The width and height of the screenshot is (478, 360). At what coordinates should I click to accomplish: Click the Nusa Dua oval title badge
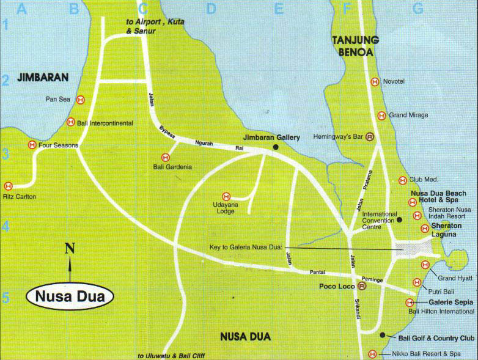click(x=70, y=297)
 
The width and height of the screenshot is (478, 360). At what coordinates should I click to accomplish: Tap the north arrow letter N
click(x=70, y=248)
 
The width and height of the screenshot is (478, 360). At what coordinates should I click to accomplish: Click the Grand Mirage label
click(x=408, y=115)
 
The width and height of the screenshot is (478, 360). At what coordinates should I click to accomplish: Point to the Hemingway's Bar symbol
click(x=370, y=137)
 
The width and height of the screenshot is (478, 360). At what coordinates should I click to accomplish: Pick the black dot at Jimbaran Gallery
click(x=276, y=147)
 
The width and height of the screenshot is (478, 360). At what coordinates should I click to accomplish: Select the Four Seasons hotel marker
click(x=32, y=145)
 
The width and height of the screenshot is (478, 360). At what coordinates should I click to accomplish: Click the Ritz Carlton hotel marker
click(x=8, y=186)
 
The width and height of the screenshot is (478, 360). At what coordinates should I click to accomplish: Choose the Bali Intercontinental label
click(x=105, y=123)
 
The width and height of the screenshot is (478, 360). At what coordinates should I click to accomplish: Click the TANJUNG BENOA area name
click(x=355, y=45)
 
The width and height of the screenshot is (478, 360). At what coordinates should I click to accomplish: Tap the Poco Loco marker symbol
click(x=361, y=285)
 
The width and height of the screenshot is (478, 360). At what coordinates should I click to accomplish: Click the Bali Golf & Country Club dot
click(x=383, y=336)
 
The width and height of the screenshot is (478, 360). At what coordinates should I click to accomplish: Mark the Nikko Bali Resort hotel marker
click(x=373, y=354)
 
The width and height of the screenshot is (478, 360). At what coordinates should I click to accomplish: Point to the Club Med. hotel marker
click(x=402, y=180)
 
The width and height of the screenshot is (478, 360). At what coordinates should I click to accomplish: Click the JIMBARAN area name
click(x=42, y=78)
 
